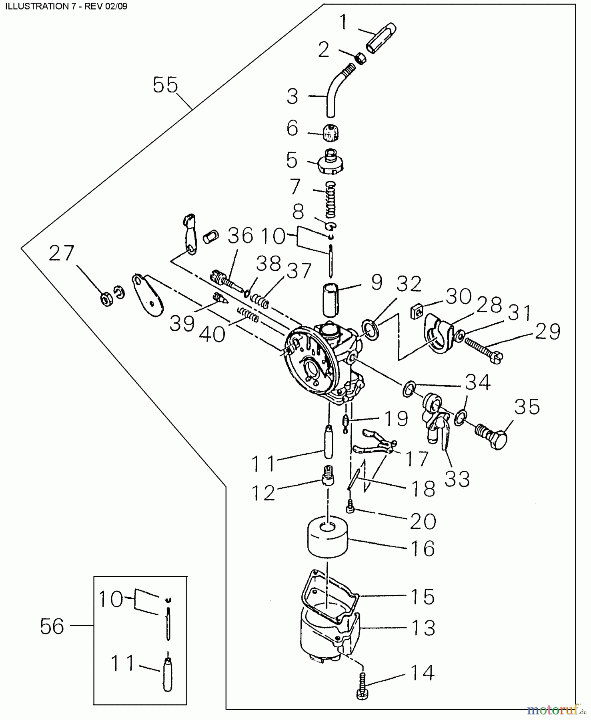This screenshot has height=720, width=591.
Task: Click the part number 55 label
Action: pos(165,85)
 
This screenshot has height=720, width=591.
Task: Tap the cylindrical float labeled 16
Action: pos(327,538)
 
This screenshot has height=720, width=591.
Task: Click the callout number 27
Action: pos(62,254)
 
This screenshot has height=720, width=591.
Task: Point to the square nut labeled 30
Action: pos(417,312)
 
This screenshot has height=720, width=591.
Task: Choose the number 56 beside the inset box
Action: pos(52,626)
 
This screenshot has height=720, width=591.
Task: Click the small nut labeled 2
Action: pos(361,59)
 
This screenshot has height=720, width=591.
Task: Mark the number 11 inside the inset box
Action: pos(123,664)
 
